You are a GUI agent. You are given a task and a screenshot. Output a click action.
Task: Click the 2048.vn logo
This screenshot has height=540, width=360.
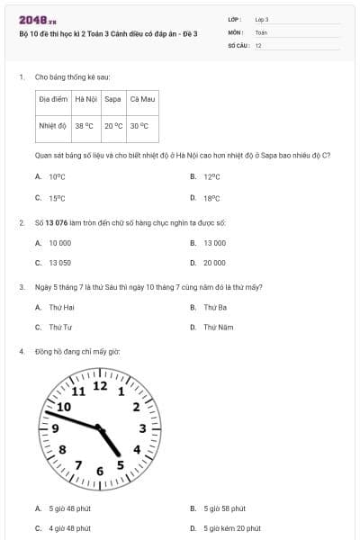click(x=38, y=20)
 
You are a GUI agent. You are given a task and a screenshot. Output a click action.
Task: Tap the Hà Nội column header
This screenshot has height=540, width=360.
click(x=87, y=98)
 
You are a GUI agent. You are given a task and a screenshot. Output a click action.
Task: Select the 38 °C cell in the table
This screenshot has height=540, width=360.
click(x=84, y=126)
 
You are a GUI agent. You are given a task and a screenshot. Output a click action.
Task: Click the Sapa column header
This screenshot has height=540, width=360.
click(x=112, y=98)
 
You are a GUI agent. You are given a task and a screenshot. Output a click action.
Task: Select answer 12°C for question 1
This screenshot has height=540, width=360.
click(x=211, y=177)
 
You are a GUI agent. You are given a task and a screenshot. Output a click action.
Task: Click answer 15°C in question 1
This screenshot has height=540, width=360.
click(x=57, y=198)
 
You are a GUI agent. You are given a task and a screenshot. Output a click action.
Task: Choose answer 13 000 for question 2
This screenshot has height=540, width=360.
click(x=214, y=243)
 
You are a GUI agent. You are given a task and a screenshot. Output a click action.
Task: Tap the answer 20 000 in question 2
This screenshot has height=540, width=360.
click(x=214, y=263)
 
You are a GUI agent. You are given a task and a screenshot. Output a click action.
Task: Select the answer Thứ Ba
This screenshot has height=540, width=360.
click(x=214, y=307)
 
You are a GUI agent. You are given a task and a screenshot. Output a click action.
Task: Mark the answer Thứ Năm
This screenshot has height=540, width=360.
click(x=218, y=328)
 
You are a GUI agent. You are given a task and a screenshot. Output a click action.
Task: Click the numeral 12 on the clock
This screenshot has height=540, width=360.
click(x=100, y=386)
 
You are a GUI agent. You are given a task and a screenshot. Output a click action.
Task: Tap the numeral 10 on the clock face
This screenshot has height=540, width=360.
click(x=64, y=407)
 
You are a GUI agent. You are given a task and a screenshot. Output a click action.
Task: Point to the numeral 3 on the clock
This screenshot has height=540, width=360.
click(x=137, y=450)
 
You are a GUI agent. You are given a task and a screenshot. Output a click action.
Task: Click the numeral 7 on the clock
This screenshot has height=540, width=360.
click(x=78, y=465)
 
